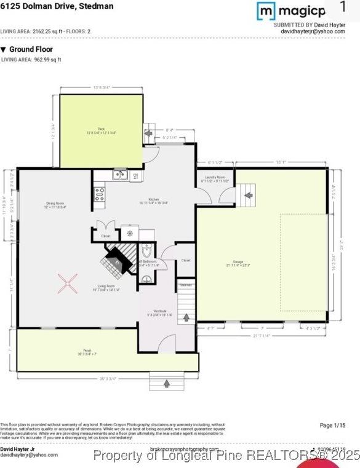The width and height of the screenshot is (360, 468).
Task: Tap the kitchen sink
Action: click(119, 175)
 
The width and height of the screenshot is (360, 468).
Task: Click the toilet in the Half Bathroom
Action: click(147, 251)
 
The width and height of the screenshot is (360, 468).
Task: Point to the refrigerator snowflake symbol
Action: click(130, 233)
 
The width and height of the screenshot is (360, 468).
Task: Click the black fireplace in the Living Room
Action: click(117, 259)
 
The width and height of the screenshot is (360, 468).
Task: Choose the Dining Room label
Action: click(55, 205)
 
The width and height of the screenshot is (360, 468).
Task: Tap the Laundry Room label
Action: click(216, 179)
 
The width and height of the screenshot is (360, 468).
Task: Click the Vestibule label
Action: click(158, 314)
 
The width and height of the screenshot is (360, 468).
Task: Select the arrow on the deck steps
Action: click(148, 130)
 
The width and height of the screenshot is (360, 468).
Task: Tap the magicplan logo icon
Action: click(266, 11)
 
